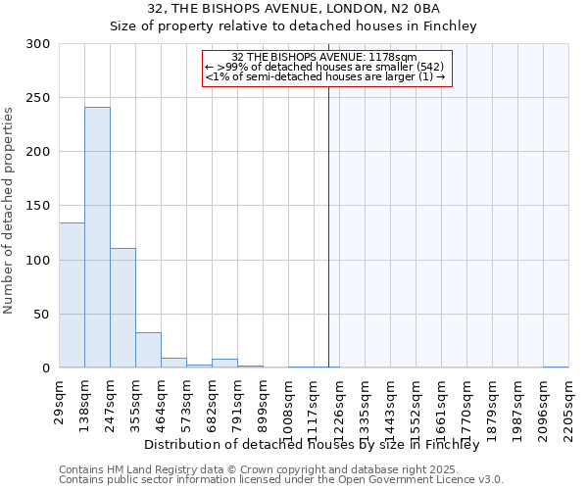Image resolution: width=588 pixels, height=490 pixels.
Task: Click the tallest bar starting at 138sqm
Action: pyautogui.click(x=97, y=237)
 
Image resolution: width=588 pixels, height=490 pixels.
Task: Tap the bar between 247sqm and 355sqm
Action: pyautogui.click(x=122, y=308)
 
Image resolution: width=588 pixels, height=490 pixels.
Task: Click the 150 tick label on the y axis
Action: pyautogui.click(x=37, y=207)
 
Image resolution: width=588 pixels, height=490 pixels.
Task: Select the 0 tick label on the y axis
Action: pyautogui.click(x=45, y=368)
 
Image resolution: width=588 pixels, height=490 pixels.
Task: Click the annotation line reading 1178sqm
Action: pyautogui.click(x=325, y=58)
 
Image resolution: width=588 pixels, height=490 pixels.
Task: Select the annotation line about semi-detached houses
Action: pyautogui.click(x=325, y=76)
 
